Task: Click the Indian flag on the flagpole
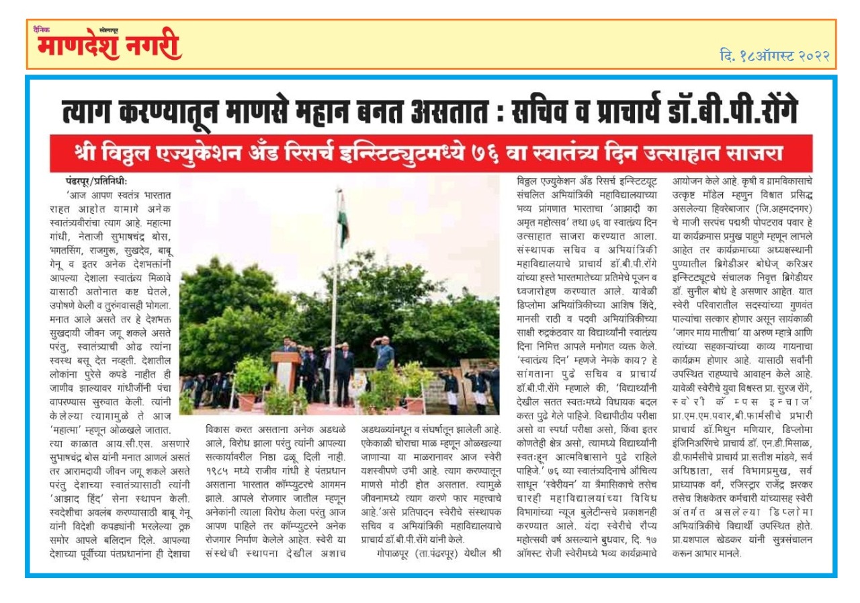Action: click(343, 218)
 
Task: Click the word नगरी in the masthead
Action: click(154, 47)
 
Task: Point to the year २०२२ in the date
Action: click(809, 56)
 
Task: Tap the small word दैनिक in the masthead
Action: click(42, 30)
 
